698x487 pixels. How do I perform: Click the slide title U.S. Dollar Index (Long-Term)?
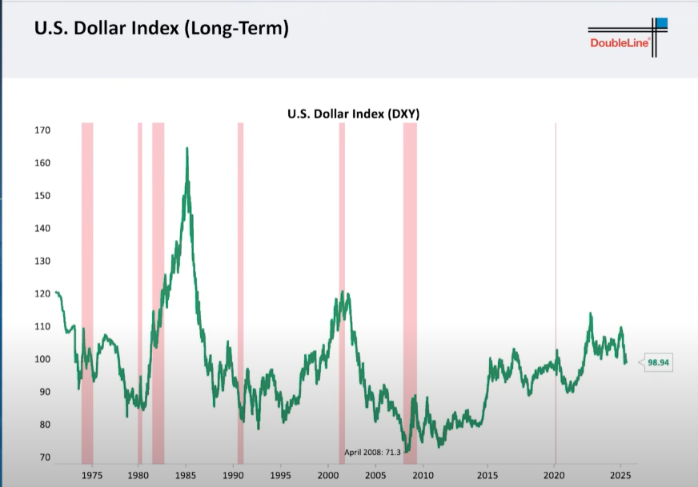tap(160, 29)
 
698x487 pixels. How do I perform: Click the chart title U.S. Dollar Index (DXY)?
tap(353, 114)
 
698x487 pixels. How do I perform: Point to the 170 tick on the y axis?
tap(42, 130)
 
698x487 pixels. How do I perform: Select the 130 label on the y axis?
tap(42, 261)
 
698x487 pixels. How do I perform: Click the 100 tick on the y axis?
tap(42, 359)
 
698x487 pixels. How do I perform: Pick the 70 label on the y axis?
tap(45, 457)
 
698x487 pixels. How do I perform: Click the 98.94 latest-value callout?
tap(658, 362)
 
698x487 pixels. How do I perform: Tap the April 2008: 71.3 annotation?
tap(373, 452)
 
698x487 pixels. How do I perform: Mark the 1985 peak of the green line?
tap(187, 149)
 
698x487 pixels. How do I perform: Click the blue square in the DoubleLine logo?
tap(661, 23)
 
